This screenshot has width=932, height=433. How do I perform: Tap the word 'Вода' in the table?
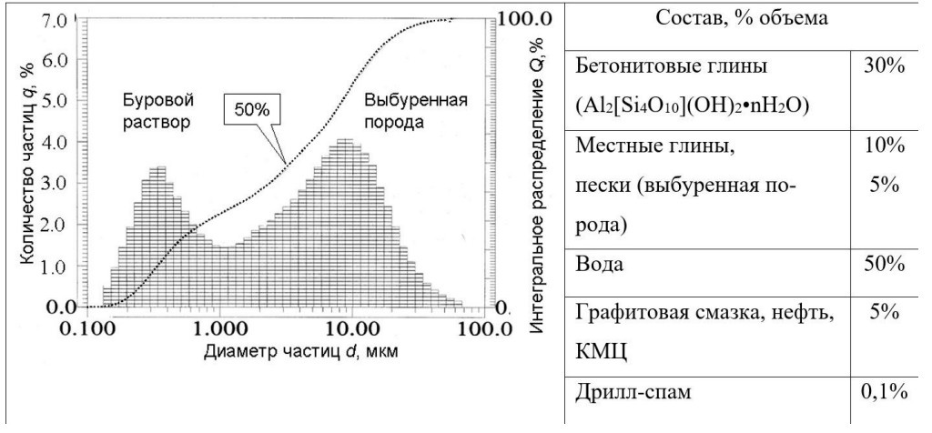(x=599, y=266)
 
